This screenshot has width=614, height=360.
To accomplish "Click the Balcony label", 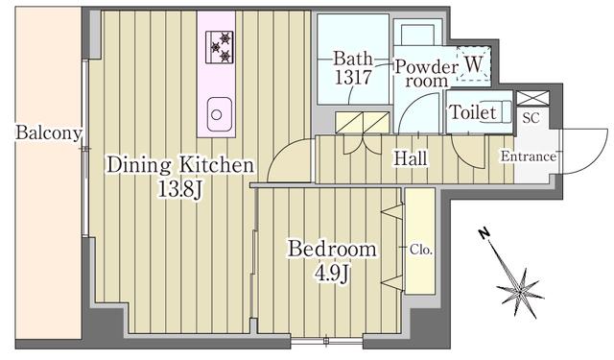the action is pos(49,132).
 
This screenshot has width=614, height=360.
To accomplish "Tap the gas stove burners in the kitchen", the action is pos(220,47).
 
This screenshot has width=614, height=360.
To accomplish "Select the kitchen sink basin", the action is pos(220,114).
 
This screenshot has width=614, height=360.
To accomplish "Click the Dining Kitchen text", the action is pos(180,165).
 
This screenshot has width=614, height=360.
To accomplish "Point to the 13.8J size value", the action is pos(179,190).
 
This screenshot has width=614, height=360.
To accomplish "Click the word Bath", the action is pos(353,59).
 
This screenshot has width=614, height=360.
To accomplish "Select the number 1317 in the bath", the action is pos(353,77).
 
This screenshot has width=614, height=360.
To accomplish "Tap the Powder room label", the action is pos(426,74).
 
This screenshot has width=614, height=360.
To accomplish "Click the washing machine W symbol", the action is pos(473,64).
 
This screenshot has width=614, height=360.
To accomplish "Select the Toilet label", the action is pos(473,112).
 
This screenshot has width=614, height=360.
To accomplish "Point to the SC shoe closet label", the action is pos(531,117).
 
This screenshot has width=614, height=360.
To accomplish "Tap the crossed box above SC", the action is pos(533,98).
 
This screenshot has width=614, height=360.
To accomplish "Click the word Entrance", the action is pos(529,157).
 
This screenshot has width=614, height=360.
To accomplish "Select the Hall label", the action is pos(411,158).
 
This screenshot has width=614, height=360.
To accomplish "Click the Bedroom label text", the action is pos(332,250).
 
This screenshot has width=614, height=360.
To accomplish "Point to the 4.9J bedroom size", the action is pos(332,275).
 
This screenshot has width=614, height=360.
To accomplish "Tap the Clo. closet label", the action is pos(421,250).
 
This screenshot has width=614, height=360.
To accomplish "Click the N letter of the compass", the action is pos(484,233).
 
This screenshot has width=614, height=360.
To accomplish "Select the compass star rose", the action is pos(520,292).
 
